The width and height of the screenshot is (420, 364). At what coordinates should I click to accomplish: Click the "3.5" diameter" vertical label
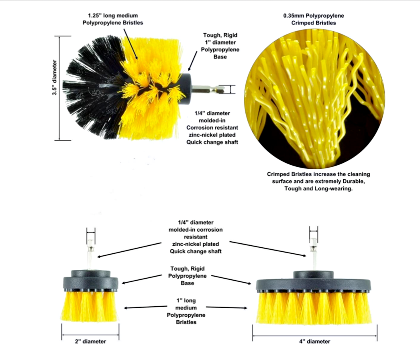pyautogui.click(x=55, y=77)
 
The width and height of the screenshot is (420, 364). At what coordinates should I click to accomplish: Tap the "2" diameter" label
pyautogui.click(x=90, y=342)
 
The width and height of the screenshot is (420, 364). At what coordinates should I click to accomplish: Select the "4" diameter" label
pyautogui.click(x=314, y=342)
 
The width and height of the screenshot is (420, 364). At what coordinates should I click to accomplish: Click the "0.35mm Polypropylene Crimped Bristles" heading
pyautogui.click(x=314, y=19)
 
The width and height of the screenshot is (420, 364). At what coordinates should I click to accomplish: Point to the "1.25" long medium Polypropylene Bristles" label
pyautogui.click(x=113, y=19)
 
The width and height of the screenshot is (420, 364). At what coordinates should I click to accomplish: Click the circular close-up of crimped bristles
pyautogui.click(x=314, y=99)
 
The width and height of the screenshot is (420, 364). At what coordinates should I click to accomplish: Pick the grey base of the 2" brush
pyautogui.click(x=91, y=281)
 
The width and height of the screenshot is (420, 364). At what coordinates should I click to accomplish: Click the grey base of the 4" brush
pyautogui.click(x=313, y=282)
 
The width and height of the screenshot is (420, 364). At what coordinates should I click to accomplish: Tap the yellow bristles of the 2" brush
pyautogui.click(x=90, y=306)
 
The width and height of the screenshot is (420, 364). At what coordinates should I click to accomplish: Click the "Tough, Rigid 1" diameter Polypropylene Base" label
pyautogui.click(x=220, y=46)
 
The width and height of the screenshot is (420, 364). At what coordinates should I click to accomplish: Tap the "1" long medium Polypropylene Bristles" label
pyautogui.click(x=186, y=311)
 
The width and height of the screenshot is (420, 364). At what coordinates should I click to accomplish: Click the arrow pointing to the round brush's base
pyautogui.click(x=193, y=61)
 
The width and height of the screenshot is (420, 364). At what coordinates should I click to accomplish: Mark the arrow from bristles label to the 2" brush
pyautogui.click(x=145, y=307)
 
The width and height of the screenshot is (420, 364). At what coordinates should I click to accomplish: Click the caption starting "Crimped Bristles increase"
pyautogui.click(x=318, y=181)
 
